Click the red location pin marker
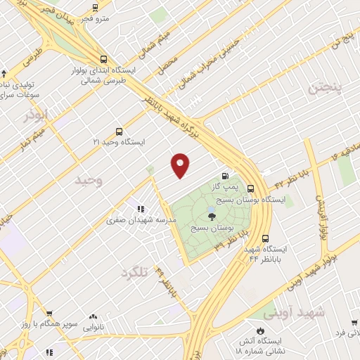tap(181, 165)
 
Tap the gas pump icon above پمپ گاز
tap(225, 176)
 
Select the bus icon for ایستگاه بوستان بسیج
tap(251, 188)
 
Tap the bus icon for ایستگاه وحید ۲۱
tap(118, 131)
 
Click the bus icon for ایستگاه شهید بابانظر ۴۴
tap(264, 238)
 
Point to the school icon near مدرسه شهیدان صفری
tap(141, 209)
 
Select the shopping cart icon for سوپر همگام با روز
tap(49, 314)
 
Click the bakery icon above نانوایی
tap(93, 317)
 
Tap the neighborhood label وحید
tap(89, 181)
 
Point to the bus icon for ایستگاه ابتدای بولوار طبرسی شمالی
tap(103, 60)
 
